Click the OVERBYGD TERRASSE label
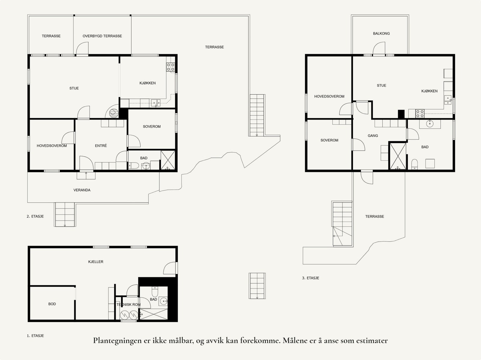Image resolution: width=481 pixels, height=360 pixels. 102,36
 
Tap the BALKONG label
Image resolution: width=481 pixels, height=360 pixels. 381,33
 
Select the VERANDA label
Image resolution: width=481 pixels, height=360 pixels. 82,190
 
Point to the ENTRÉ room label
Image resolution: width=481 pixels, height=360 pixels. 101,146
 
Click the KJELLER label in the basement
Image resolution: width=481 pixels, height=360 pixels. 96,262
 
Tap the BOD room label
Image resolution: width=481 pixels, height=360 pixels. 52,304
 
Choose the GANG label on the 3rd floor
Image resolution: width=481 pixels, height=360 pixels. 373,136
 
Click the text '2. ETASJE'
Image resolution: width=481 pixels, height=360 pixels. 35,216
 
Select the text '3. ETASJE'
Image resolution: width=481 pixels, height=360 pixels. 311,278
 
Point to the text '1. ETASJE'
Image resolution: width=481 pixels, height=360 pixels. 35,336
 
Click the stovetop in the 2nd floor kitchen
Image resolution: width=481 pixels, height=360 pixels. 170,67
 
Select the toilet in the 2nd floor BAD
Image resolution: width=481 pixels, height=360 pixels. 133,166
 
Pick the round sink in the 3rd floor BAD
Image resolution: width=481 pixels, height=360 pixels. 430,124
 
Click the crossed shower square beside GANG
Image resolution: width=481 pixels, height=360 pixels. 398,156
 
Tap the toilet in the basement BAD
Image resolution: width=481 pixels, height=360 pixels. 155,292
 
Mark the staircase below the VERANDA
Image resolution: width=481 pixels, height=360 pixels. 65,215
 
